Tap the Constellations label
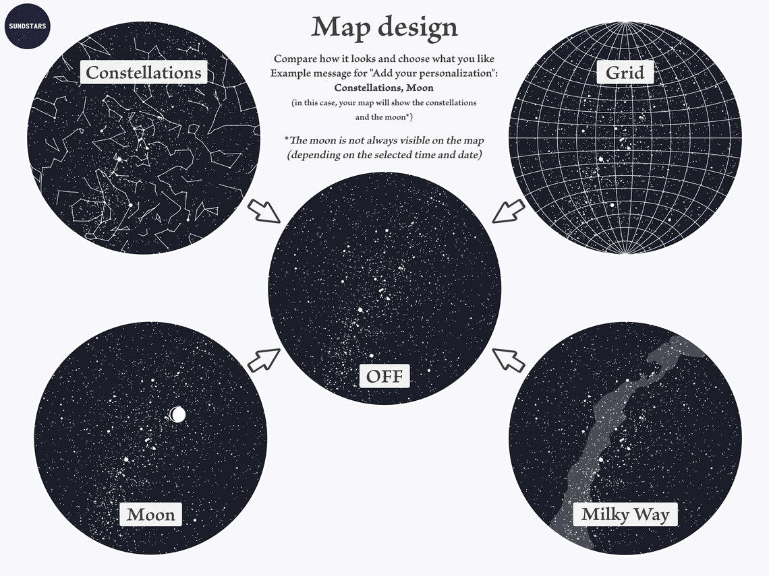click(144, 72)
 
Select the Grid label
click(625, 72)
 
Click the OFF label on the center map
click(384, 375)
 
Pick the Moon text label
click(151, 515)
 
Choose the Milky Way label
click(625, 515)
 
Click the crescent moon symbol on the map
click(177, 414)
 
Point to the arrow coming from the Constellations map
click(264, 211)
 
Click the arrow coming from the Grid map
click(509, 210)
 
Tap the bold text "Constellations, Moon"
click(384, 88)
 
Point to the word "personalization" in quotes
click(458, 73)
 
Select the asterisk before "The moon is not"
click(287, 139)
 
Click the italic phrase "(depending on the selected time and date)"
click(384, 155)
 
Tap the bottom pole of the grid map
click(625, 253)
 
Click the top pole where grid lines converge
click(625, 24)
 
